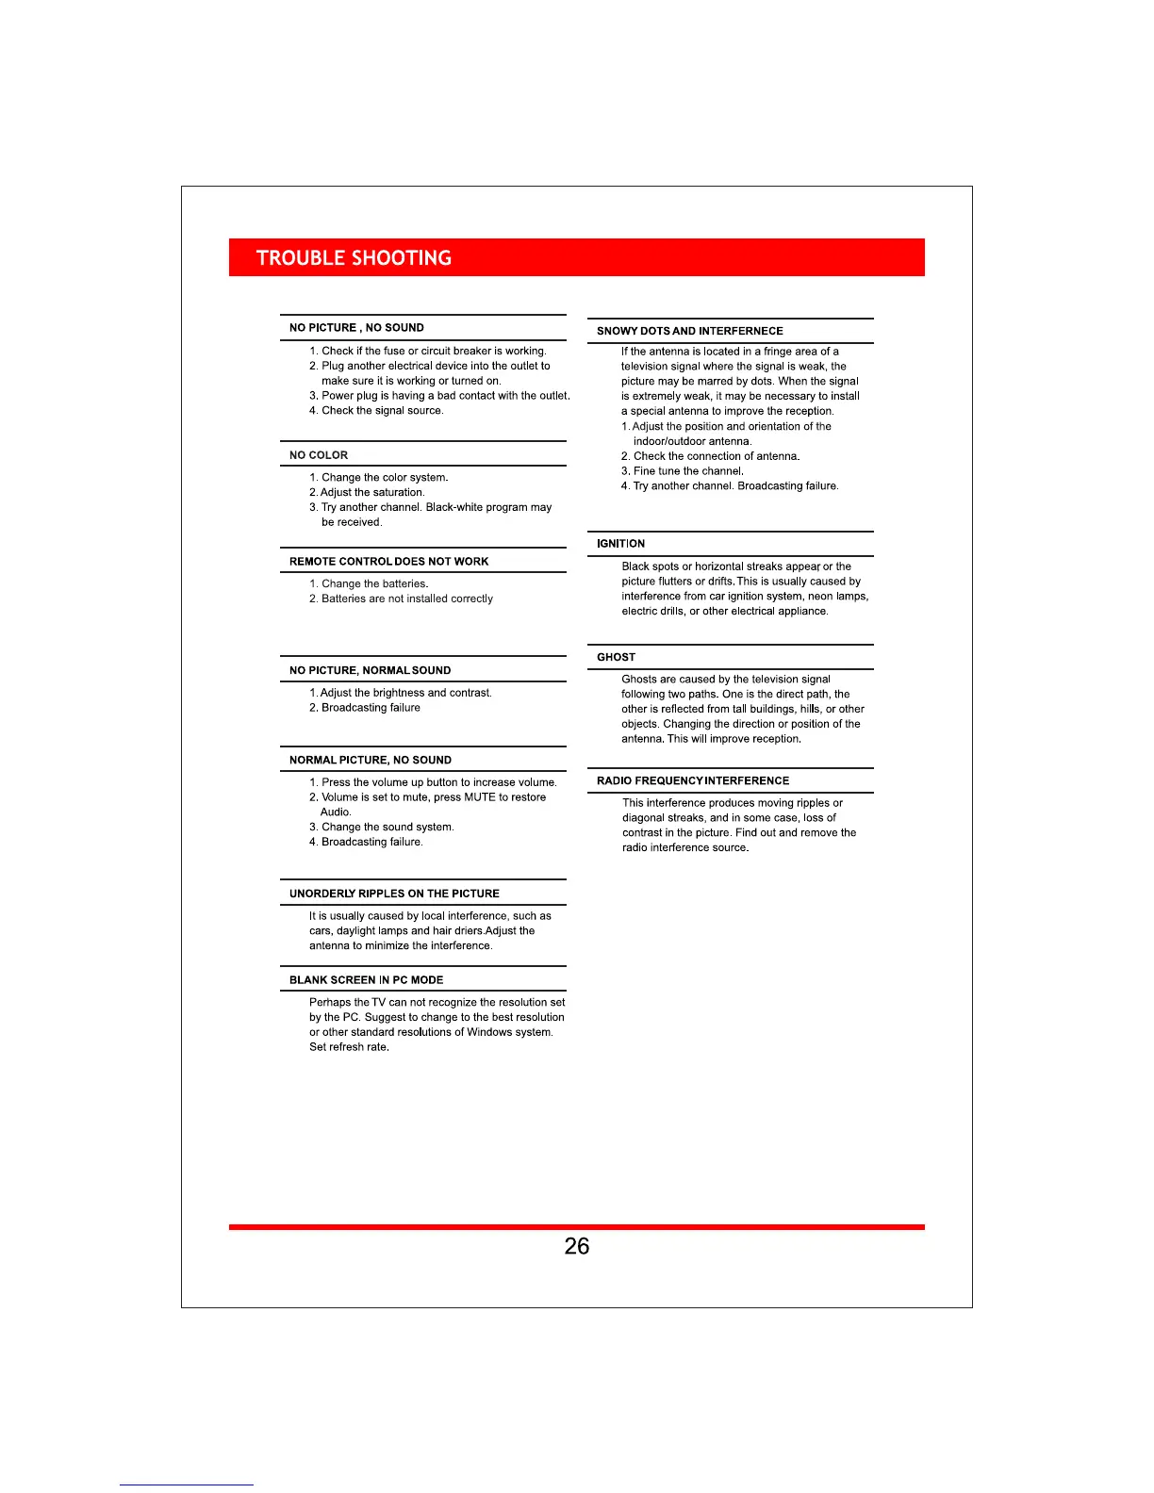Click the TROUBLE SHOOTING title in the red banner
pos(354,258)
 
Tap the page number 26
pos(576,1246)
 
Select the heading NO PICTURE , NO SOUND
pos(356,328)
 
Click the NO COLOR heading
pos(319,455)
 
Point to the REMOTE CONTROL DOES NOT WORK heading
pos(388,562)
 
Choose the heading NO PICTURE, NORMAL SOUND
pos(370,671)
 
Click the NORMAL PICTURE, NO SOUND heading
pos(370,761)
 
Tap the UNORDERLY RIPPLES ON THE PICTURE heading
pos(394,894)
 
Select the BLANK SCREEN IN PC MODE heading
pos(366,980)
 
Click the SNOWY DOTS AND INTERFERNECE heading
pos(689,332)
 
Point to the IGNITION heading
pos(620,544)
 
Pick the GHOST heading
pos(616,658)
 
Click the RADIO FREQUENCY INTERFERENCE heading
pos(693,781)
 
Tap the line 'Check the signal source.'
pos(382,411)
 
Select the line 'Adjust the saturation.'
pos(372,493)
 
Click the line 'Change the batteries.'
pos(374,584)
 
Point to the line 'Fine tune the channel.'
pos(688,471)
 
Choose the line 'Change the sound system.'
pos(387,828)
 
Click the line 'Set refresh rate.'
pos(349,1047)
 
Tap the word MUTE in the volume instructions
pos(479,797)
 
